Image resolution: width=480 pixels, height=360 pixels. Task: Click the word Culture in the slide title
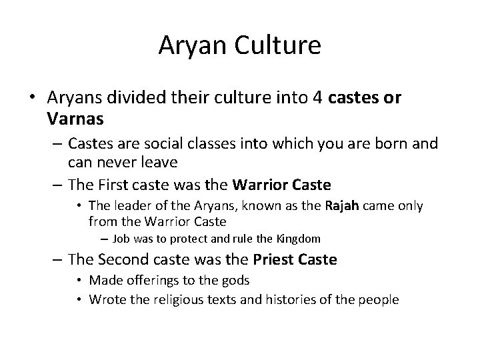[x=280, y=46]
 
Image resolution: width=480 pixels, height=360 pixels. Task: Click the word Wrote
[x=107, y=300]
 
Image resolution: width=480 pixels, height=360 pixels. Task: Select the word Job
[x=121, y=238]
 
